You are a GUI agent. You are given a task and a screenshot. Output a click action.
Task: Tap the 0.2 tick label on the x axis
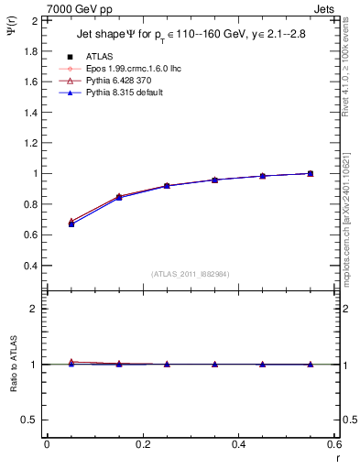pyautogui.click(x=142, y=444)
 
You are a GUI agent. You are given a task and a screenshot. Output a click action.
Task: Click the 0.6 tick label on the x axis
pyautogui.click(x=335, y=444)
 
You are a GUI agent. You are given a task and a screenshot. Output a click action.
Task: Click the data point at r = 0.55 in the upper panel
pyautogui.click(x=311, y=173)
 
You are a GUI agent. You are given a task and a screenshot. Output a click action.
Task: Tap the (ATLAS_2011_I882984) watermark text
pyautogui.click(x=191, y=273)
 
